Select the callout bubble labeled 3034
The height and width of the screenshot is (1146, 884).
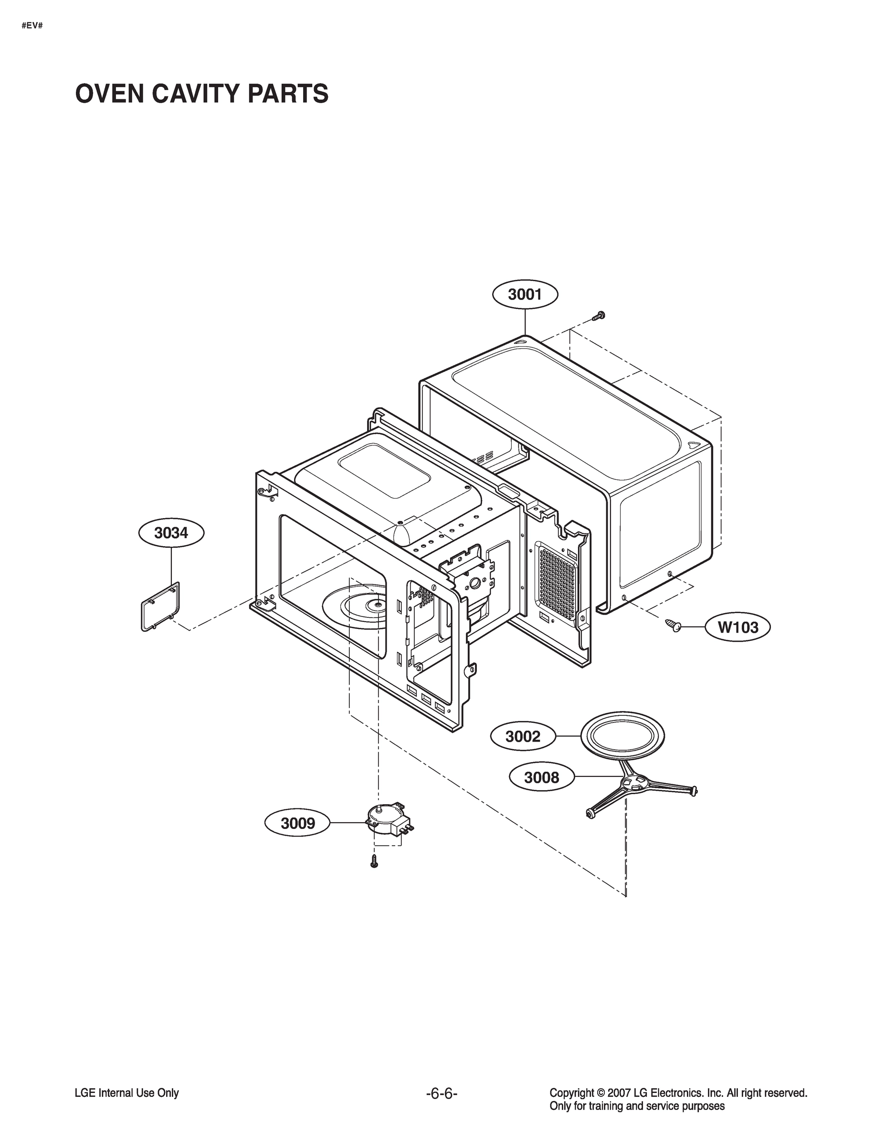[x=171, y=533]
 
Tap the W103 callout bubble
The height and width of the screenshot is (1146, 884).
[x=737, y=627]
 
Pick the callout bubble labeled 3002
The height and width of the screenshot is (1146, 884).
[x=523, y=737]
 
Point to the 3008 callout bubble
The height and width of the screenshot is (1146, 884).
[x=542, y=777]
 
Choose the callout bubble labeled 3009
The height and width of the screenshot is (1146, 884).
[x=298, y=823]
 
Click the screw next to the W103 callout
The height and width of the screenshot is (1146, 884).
[x=672, y=624]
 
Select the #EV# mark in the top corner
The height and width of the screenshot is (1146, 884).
[x=32, y=25]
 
